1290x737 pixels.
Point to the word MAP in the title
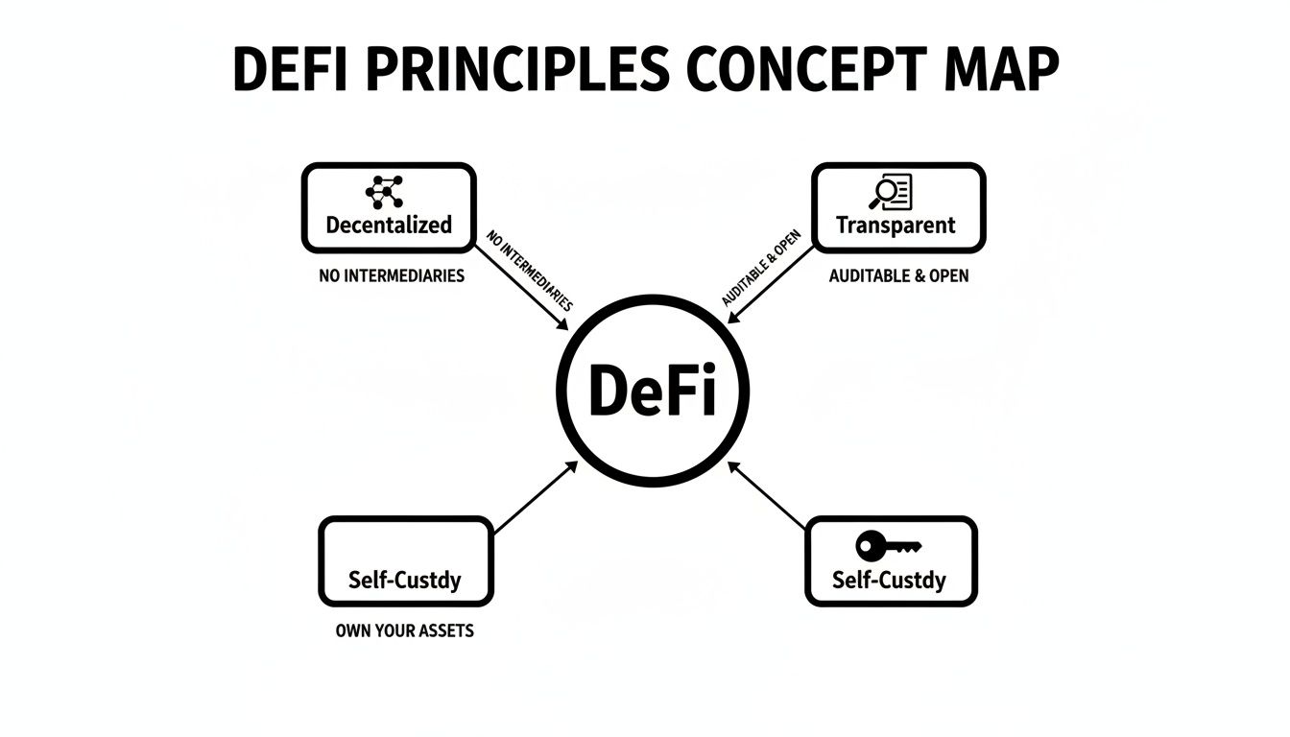pos(997,70)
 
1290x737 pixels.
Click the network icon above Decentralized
pos(385,192)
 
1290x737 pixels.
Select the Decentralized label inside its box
pos(389,226)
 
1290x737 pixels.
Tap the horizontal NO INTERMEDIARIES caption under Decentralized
pos(392,276)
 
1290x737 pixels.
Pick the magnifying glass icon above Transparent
pos(891,192)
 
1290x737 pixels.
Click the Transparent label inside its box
pos(896,226)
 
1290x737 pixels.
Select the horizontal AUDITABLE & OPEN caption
pos(898,276)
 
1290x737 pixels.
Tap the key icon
pos(888,547)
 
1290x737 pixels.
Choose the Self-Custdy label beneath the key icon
pos(889,581)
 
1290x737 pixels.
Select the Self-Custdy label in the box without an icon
pos(404,581)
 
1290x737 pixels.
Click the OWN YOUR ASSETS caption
pos(404,631)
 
